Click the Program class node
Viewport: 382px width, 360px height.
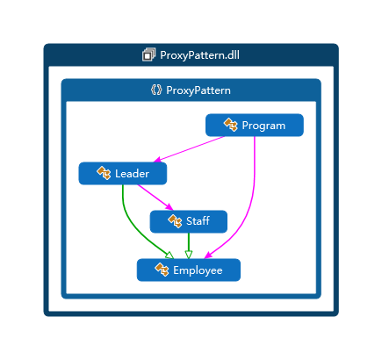click(255, 126)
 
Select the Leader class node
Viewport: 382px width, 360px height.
click(123, 174)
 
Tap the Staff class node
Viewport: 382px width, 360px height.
click(189, 221)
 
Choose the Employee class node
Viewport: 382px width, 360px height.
click(189, 270)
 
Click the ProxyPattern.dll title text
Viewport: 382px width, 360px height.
click(199, 55)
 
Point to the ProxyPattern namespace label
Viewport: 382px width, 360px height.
click(198, 90)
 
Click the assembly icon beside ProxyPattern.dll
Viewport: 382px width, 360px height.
click(148, 54)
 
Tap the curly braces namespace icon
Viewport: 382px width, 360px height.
click(156, 90)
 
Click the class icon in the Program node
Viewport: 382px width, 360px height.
click(231, 125)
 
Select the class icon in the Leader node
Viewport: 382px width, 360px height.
click(104, 173)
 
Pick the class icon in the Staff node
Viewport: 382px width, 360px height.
click(175, 221)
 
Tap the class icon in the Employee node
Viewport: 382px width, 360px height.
click(162, 270)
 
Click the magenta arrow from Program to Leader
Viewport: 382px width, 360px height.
click(189, 149)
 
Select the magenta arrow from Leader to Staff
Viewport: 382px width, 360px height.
click(155, 198)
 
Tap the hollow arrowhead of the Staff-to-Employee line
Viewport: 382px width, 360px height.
click(189, 255)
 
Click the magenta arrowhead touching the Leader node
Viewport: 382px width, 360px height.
click(157, 160)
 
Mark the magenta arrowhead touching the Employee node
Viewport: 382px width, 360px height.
click(207, 256)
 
